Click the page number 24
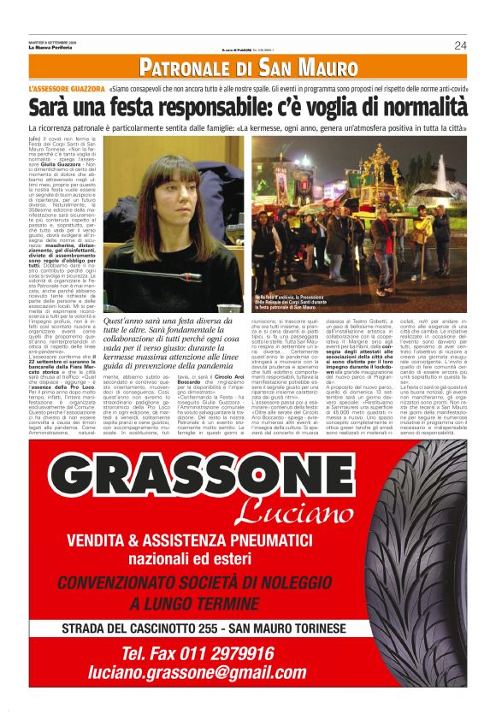[x=460, y=45]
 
